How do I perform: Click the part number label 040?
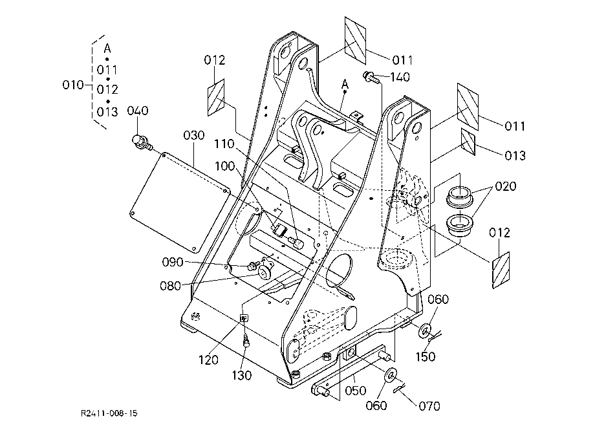137,111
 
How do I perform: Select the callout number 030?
194,135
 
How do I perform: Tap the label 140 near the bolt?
400,78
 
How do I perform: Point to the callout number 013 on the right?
515,155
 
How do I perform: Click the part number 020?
506,186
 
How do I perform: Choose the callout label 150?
426,356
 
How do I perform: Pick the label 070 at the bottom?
429,406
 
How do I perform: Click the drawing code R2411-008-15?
109,413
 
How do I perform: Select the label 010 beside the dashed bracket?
73,85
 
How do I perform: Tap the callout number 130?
242,376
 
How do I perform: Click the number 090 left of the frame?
173,262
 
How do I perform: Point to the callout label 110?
224,144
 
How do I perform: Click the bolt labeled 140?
370,77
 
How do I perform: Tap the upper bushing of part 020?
460,196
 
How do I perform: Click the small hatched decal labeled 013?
468,142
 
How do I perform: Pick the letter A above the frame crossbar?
345,84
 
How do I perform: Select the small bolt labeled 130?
246,340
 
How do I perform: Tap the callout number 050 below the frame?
356,390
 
